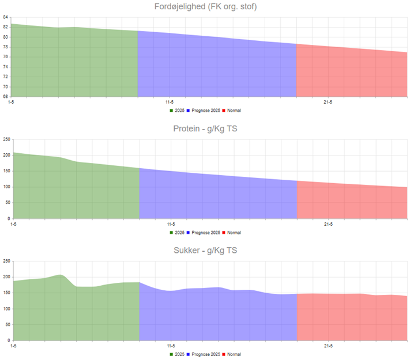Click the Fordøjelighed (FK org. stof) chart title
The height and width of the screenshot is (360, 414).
(206, 7)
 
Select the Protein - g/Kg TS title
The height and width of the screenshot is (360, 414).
(205, 128)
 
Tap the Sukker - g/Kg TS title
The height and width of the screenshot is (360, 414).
(206, 251)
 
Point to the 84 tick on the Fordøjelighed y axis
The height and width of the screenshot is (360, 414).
(5, 17)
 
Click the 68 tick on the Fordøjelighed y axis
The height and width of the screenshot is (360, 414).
(5, 97)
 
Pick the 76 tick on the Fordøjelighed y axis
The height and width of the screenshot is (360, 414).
(5, 57)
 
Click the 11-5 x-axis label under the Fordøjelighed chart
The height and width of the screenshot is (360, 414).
(170, 103)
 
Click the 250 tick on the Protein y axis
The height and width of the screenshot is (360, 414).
(6, 139)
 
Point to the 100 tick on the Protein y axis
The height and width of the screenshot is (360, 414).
(6, 187)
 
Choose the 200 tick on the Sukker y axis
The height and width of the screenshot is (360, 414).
(6, 277)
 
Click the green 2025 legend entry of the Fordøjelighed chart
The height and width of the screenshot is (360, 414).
(177, 110)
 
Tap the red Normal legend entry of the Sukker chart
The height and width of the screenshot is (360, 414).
(232, 354)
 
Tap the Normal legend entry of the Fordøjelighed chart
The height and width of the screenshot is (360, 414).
(232, 110)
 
